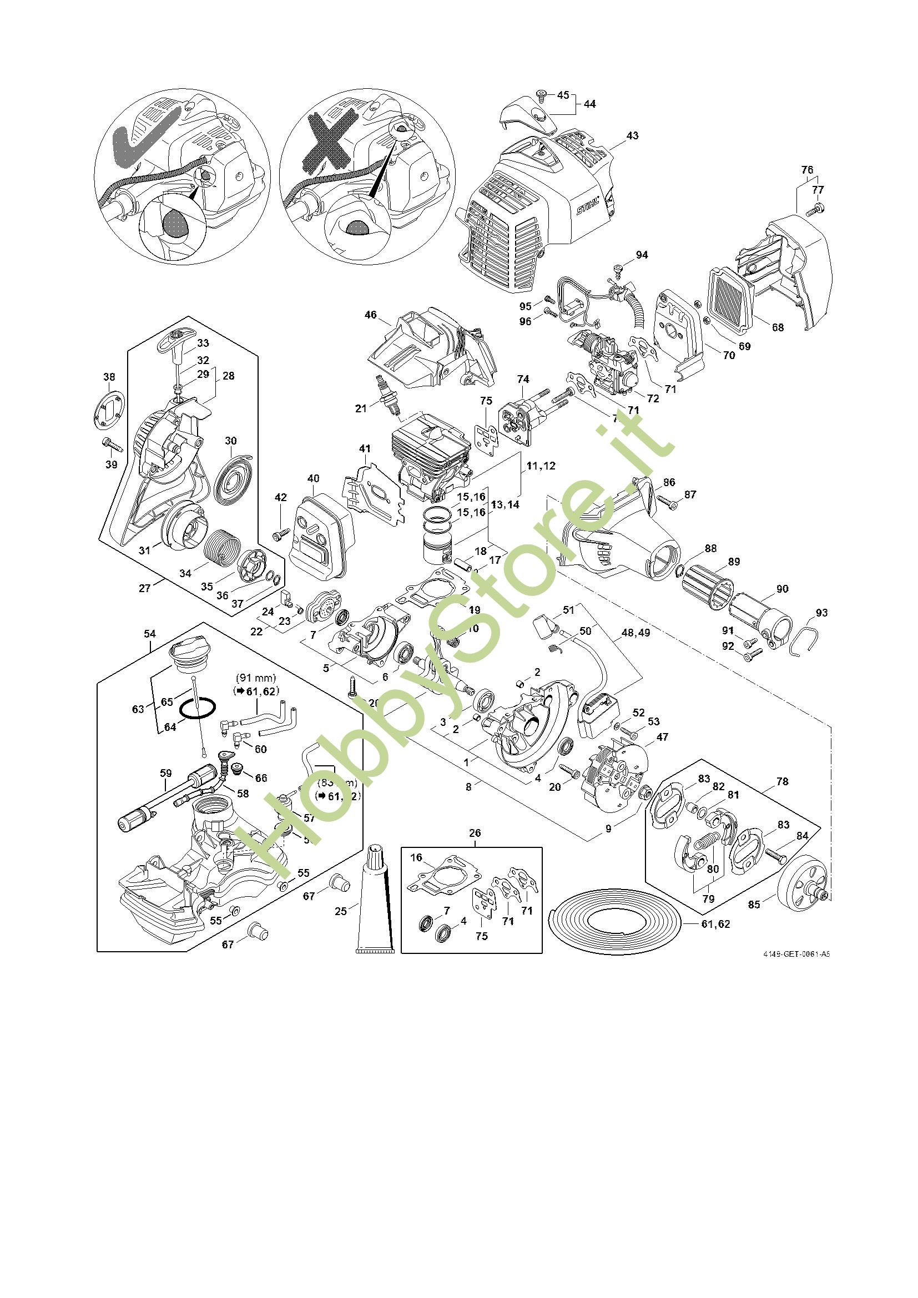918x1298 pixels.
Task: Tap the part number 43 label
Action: point(632,135)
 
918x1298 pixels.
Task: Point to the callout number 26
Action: point(475,833)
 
